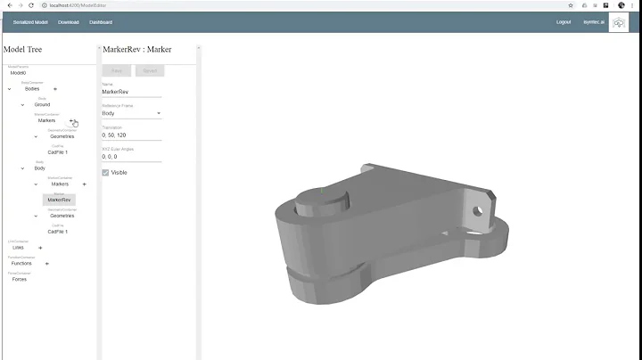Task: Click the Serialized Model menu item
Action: tap(31, 21)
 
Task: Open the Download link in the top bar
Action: tap(69, 21)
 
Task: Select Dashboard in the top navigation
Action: tap(101, 21)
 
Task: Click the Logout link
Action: tap(564, 21)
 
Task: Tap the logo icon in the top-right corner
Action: tap(618, 21)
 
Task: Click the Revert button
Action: tap(150, 70)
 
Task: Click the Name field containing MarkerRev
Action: tap(130, 92)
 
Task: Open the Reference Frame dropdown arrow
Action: tap(159, 114)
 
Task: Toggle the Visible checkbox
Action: tap(105, 172)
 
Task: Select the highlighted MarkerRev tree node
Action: tap(60, 200)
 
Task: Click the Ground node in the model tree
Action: tap(42, 104)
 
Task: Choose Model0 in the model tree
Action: tap(18, 73)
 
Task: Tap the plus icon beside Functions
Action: tap(47, 264)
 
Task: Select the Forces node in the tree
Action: tap(19, 279)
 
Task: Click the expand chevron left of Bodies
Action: tap(10, 89)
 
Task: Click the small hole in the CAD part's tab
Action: tap(476, 211)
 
